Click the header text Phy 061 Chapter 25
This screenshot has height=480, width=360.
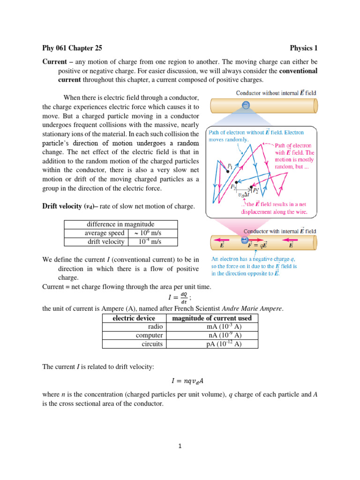[x=72, y=48]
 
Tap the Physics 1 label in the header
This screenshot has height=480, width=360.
[x=303, y=48]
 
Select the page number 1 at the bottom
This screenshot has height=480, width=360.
[x=180, y=446]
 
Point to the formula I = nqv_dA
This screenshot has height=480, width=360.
[x=180, y=381]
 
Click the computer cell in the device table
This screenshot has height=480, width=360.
[x=150, y=335]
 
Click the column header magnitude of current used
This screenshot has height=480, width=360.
[x=212, y=318]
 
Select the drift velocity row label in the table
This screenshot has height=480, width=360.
[x=106, y=241]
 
